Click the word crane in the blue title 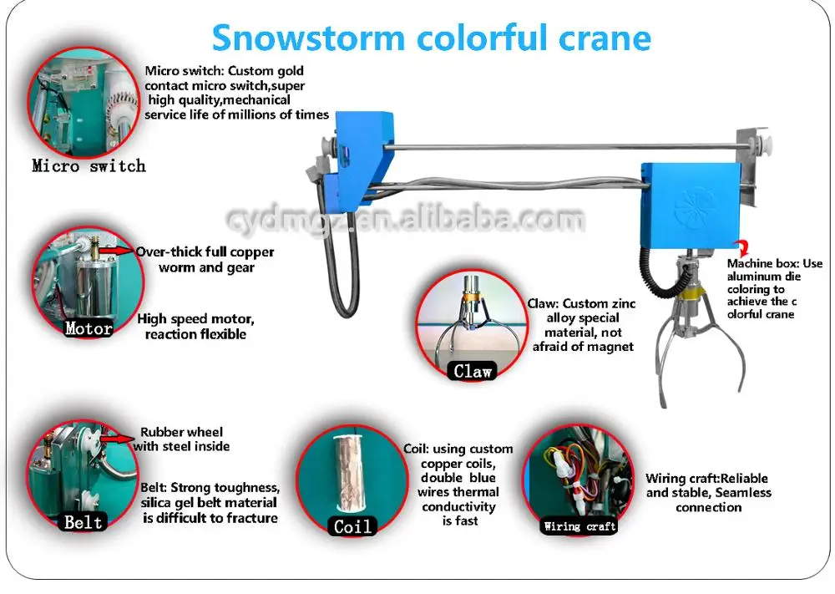click(605, 38)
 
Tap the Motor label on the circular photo click(89, 328)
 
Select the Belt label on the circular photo click(83, 521)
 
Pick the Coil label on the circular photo click(352, 526)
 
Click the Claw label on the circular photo click(473, 371)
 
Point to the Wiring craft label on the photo click(579, 526)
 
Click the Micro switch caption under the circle click(89, 165)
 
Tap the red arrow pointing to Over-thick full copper click(118, 251)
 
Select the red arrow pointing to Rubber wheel click(118, 439)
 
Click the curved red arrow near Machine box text click(741, 248)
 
